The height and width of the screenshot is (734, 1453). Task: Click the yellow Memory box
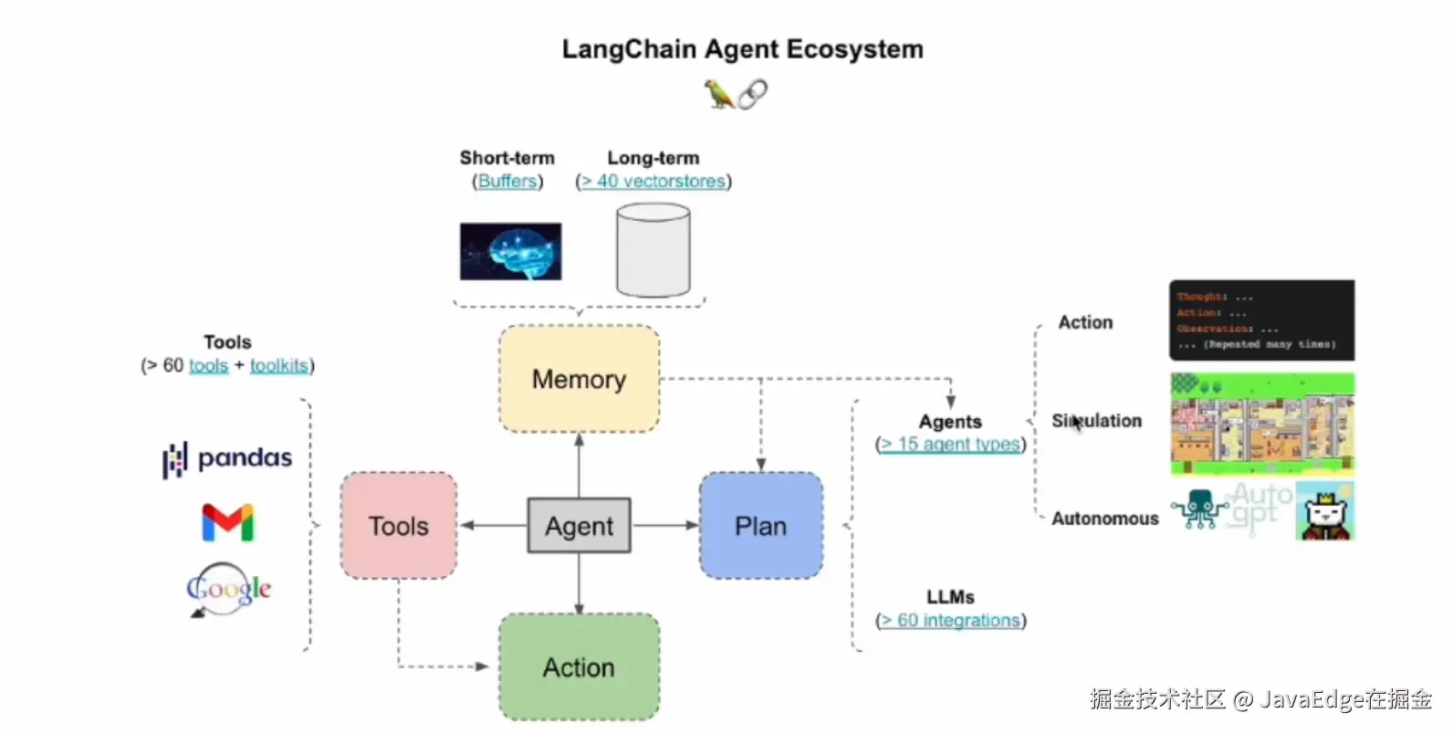(579, 379)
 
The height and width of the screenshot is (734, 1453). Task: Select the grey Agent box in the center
(579, 526)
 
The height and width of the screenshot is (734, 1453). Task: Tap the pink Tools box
(399, 526)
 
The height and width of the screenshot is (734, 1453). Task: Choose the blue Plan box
(760, 526)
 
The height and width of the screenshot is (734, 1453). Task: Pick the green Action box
(579, 667)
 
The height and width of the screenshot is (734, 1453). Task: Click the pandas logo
(227, 458)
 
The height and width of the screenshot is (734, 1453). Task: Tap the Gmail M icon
(227, 522)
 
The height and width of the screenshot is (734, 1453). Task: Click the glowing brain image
(510, 251)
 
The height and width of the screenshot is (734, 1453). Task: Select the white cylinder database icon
(653, 250)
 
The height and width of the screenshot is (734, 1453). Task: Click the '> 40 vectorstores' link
(653, 182)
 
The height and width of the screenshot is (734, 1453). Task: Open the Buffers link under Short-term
(507, 182)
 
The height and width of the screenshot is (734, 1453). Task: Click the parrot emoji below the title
(718, 93)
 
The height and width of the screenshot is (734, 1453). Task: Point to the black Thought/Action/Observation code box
(1261, 320)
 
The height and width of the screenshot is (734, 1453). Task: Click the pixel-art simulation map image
(1262, 423)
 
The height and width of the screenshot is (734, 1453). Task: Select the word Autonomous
(1104, 519)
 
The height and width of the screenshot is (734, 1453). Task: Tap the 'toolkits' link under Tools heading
(279, 366)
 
